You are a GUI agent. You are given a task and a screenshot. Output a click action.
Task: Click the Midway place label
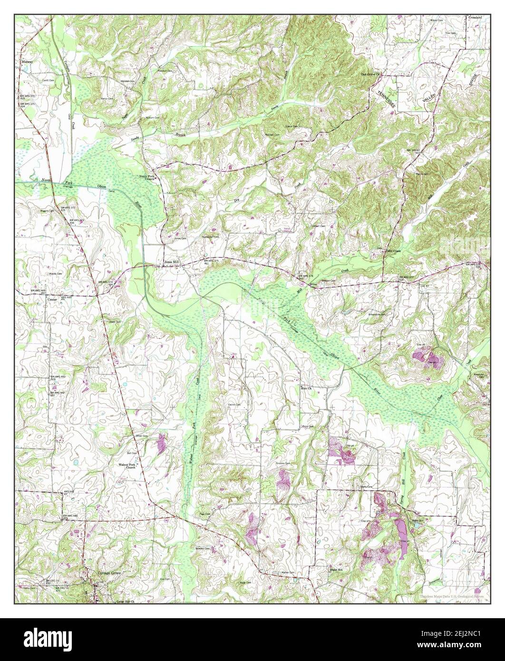pos(27,62)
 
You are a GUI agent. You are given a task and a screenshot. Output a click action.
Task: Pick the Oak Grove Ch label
pos(371,75)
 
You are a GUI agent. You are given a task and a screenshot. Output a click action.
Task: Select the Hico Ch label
pos(306,389)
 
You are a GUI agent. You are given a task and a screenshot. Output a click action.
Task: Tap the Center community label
pos(52,300)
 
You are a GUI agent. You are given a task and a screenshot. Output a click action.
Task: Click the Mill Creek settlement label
pos(394,251)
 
